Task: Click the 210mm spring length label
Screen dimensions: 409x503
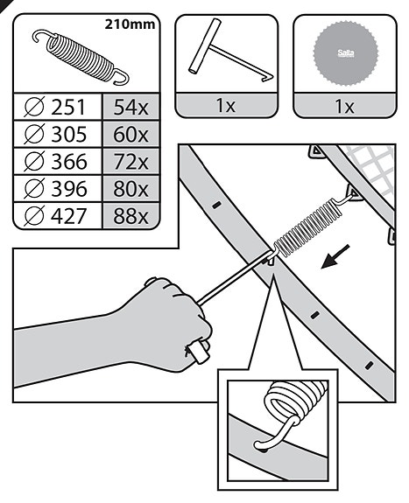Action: tap(130, 24)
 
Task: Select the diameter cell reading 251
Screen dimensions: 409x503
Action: tap(57, 107)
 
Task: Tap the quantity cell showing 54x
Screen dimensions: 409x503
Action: tap(130, 107)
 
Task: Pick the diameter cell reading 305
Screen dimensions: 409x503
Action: tap(57, 134)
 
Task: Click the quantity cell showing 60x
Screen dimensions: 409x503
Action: tap(130, 134)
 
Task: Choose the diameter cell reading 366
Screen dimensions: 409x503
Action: tap(57, 161)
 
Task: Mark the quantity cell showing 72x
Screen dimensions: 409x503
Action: tap(130, 161)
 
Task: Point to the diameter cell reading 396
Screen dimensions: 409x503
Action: tap(57, 189)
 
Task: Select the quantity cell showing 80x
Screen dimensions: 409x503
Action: tap(130, 189)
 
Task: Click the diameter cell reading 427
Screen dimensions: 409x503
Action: tap(57, 216)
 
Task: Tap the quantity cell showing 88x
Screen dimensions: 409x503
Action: tap(130, 216)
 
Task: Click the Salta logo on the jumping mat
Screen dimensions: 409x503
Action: tap(346, 53)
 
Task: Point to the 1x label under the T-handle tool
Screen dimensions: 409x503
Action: tap(226, 105)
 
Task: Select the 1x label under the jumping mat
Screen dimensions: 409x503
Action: tap(345, 106)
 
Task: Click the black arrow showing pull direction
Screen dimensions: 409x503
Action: tap(335, 256)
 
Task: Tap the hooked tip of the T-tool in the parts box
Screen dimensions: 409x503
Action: tap(269, 77)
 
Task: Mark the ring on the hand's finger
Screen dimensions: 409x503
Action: tap(199, 352)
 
